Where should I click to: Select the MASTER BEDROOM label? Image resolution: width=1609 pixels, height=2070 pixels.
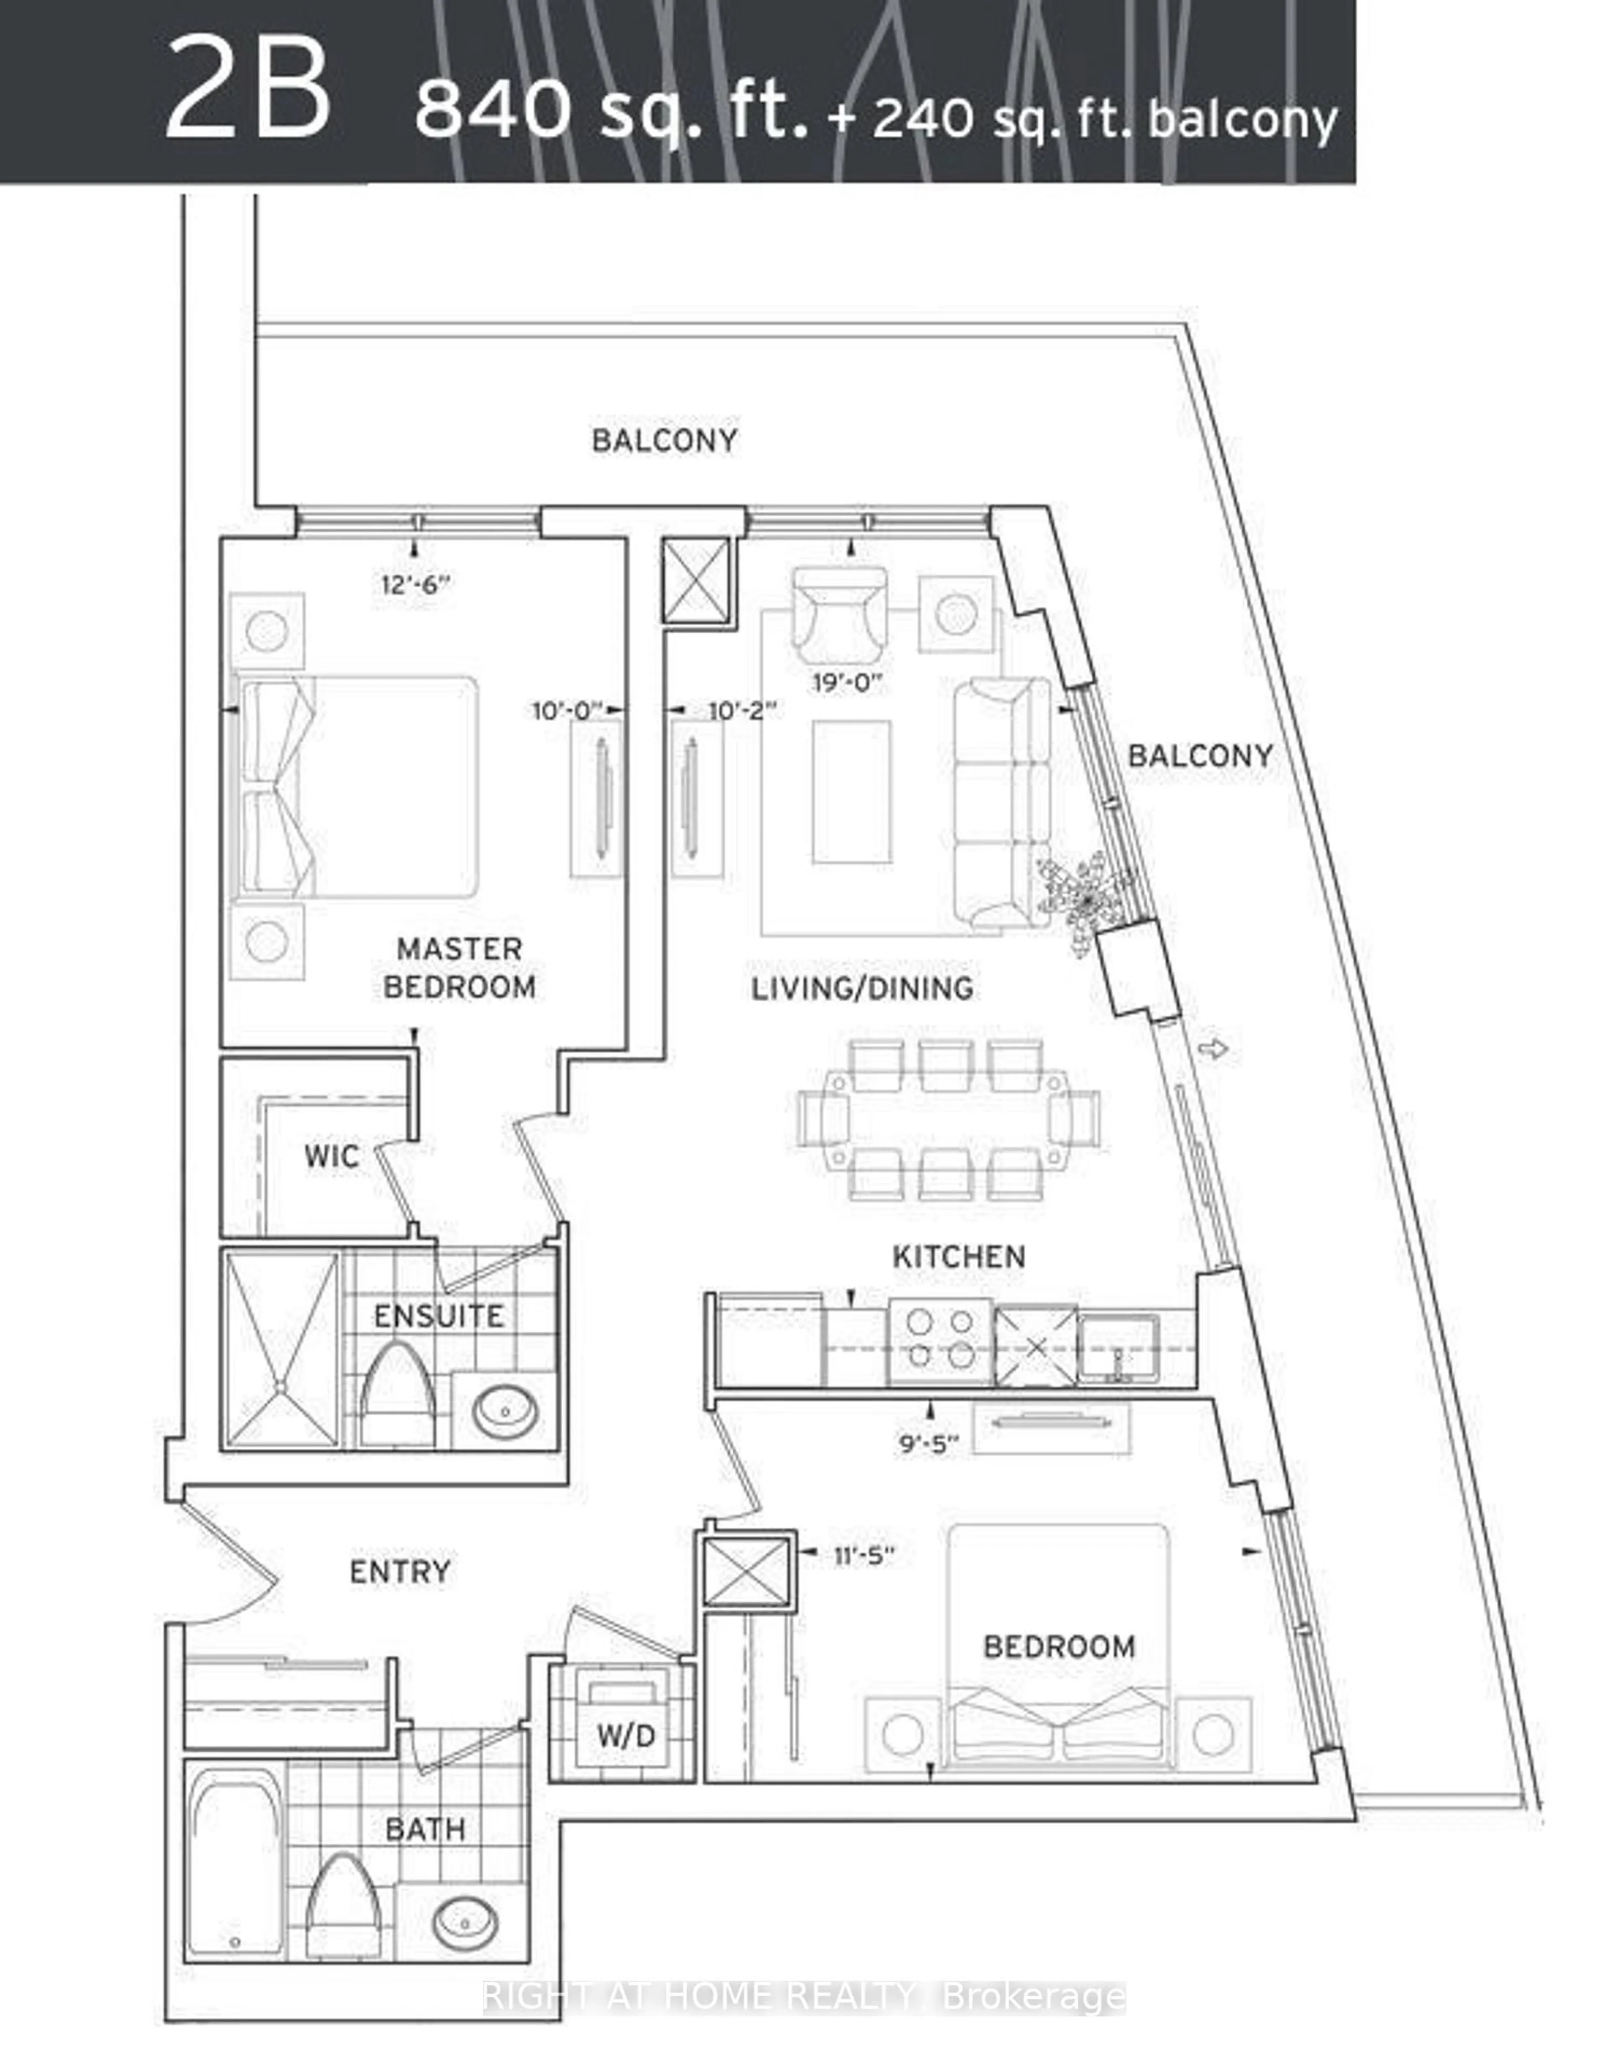tap(460, 968)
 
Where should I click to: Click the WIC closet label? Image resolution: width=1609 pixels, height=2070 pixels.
tap(332, 1156)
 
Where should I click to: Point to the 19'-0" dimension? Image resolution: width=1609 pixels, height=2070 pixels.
tap(847, 682)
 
